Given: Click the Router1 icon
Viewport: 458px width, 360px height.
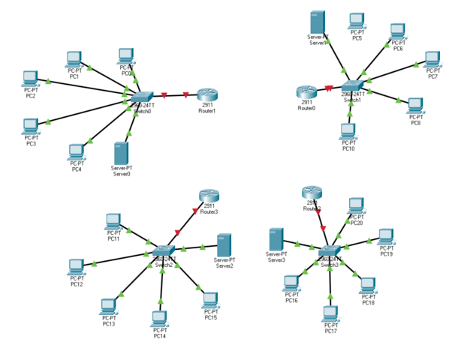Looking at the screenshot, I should click(x=208, y=94).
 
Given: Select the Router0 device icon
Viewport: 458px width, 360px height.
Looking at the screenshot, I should click(x=306, y=91).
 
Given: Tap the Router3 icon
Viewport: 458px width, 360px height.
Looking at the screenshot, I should click(x=209, y=195).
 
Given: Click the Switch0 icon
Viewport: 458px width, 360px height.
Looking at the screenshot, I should click(x=140, y=97).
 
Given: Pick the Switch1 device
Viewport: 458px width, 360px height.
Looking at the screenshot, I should click(x=352, y=88).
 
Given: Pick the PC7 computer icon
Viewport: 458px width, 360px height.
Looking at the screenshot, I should click(x=432, y=58).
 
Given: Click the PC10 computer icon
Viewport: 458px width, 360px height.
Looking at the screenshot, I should click(x=348, y=131).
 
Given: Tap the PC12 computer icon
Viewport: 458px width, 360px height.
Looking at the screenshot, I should click(x=76, y=267).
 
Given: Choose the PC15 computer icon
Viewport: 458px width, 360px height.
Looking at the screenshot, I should click(x=211, y=300).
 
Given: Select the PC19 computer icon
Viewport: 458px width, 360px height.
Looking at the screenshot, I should click(x=386, y=237).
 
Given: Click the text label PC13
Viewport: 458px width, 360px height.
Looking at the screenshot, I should click(x=109, y=323).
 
